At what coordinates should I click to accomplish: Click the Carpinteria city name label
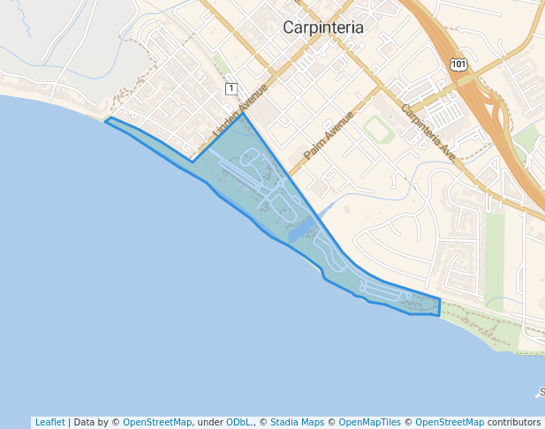tap(322, 27)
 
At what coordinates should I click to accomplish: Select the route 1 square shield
tap(231, 88)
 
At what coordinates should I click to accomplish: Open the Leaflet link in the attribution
tap(49, 422)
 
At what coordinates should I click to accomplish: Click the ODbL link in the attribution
tap(239, 422)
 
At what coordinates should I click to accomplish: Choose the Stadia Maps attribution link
tap(296, 422)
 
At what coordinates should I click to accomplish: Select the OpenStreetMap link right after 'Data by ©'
tap(156, 422)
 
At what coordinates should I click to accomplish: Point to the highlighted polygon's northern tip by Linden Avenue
tap(243, 113)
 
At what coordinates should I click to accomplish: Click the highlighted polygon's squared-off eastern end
tap(438, 307)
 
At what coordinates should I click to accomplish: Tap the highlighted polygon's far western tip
tap(106, 120)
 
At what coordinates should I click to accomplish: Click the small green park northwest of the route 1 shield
tap(220, 64)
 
